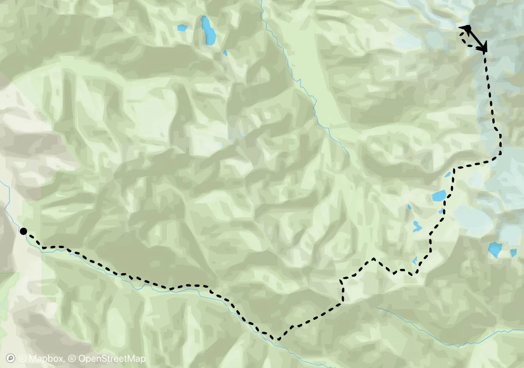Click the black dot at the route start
[23, 231]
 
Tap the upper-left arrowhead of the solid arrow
[466, 28]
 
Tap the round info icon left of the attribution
[11, 358]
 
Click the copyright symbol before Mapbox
[23, 358]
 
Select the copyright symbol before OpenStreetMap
[72, 358]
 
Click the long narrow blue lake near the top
[208, 31]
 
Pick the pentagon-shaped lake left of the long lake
[182, 28]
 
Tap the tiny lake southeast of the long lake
[225, 53]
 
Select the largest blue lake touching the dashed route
[439, 196]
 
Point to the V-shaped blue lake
[417, 226]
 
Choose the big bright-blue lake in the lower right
[495, 249]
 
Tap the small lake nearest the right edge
[513, 253]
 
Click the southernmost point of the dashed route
[278, 339]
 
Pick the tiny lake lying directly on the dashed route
[441, 212]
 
